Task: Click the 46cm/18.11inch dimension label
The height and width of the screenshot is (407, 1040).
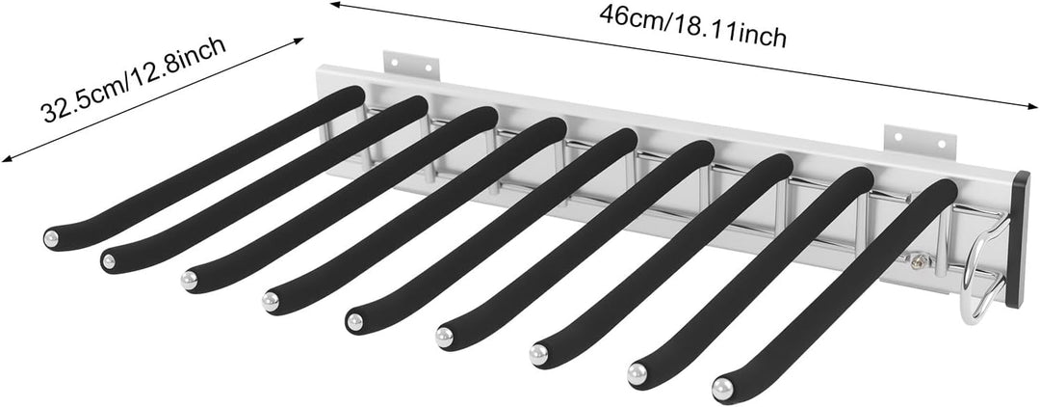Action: coord(692,27)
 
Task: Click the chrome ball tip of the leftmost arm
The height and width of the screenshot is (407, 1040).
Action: coord(51,238)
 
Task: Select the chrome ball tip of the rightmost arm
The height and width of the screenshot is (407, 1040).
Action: coord(723,389)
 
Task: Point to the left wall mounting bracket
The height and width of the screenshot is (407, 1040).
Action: coord(411,64)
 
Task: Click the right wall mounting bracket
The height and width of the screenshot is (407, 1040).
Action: coord(920,142)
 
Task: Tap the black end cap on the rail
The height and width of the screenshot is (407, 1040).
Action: coord(1018,239)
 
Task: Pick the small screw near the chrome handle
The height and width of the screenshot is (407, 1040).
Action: coord(919,261)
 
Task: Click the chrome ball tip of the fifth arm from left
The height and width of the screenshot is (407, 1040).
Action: coord(354,322)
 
